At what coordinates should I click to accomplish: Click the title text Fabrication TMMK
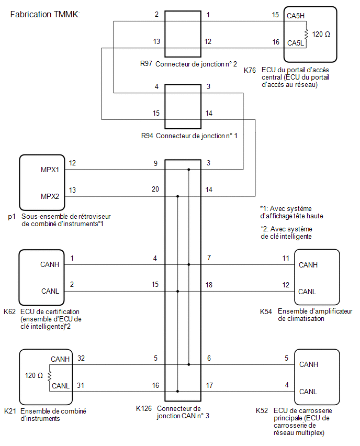coord(45,14)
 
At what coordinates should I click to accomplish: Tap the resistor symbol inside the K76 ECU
coord(306,35)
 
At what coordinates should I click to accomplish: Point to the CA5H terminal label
coord(296,16)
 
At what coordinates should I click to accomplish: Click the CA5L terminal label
coord(296,43)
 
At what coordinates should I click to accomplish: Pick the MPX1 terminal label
coord(50,170)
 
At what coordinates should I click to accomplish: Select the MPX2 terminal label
coord(50,196)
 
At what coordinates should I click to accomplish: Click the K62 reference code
coord(9,312)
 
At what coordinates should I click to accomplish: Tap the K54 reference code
coord(266,312)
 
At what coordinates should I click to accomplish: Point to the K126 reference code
coord(144,408)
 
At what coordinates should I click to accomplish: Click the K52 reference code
coord(262,411)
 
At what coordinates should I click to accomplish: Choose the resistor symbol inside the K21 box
coord(50,376)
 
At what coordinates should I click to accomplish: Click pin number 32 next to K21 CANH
coord(81,358)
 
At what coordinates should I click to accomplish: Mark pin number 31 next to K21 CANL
coord(81,385)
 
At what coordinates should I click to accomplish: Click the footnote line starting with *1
coord(291,213)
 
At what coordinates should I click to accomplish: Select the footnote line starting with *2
coord(286,233)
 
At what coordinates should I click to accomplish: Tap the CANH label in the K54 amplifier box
coord(308,265)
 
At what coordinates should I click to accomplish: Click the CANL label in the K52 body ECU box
coord(308,392)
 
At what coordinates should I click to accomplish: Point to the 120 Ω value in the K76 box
coord(321,35)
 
